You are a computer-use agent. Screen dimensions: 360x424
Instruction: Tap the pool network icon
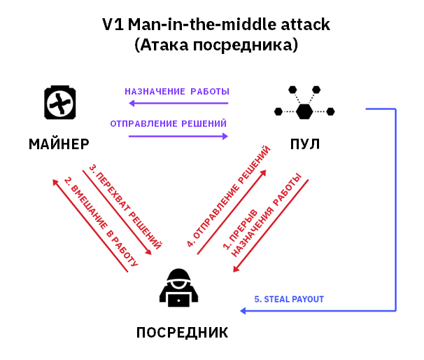point(304,104)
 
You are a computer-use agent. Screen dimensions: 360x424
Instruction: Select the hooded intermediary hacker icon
point(179,287)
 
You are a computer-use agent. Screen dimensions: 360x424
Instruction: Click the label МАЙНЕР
point(59,145)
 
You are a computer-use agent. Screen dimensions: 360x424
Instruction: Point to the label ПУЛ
point(305,145)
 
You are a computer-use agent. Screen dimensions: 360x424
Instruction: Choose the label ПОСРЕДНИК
point(182,332)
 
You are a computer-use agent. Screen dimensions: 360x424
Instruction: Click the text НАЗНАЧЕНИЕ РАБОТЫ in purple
point(177,92)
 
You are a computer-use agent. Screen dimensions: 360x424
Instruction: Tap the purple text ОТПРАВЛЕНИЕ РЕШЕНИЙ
point(169,124)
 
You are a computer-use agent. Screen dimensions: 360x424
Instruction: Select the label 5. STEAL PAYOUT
point(289,299)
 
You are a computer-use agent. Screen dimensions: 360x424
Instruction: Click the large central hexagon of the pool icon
point(304,111)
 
